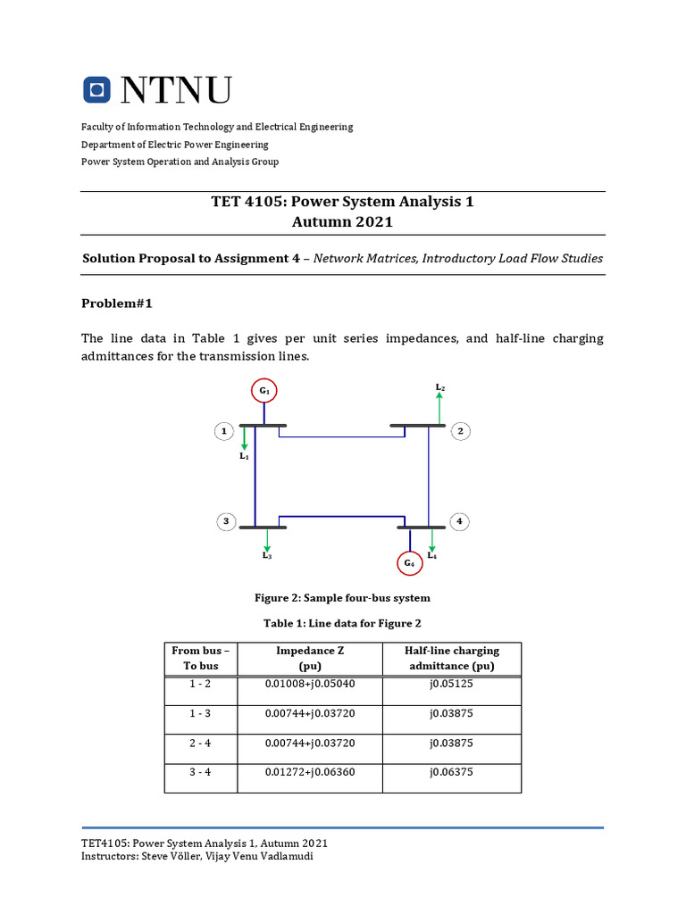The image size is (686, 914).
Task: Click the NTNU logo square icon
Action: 96,89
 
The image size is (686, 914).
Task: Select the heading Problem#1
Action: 117,303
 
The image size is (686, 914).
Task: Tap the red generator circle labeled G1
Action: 264,391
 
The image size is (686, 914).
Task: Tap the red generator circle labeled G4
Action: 409,563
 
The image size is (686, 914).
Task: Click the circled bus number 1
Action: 222,432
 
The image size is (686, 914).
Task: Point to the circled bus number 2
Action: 460,432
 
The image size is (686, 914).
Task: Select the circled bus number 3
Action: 226,521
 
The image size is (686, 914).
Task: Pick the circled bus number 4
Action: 459,521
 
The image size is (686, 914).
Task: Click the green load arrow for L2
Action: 439,410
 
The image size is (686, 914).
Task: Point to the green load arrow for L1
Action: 244,438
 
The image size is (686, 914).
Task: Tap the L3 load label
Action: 267,556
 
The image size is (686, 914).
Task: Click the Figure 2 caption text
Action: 343,597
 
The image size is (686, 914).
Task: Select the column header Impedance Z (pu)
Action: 310,659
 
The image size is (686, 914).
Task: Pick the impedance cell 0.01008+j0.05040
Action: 310,684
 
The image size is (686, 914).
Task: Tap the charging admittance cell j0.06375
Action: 451,772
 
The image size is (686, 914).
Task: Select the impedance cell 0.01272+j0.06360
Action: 310,772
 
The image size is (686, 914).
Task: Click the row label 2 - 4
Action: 200,743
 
